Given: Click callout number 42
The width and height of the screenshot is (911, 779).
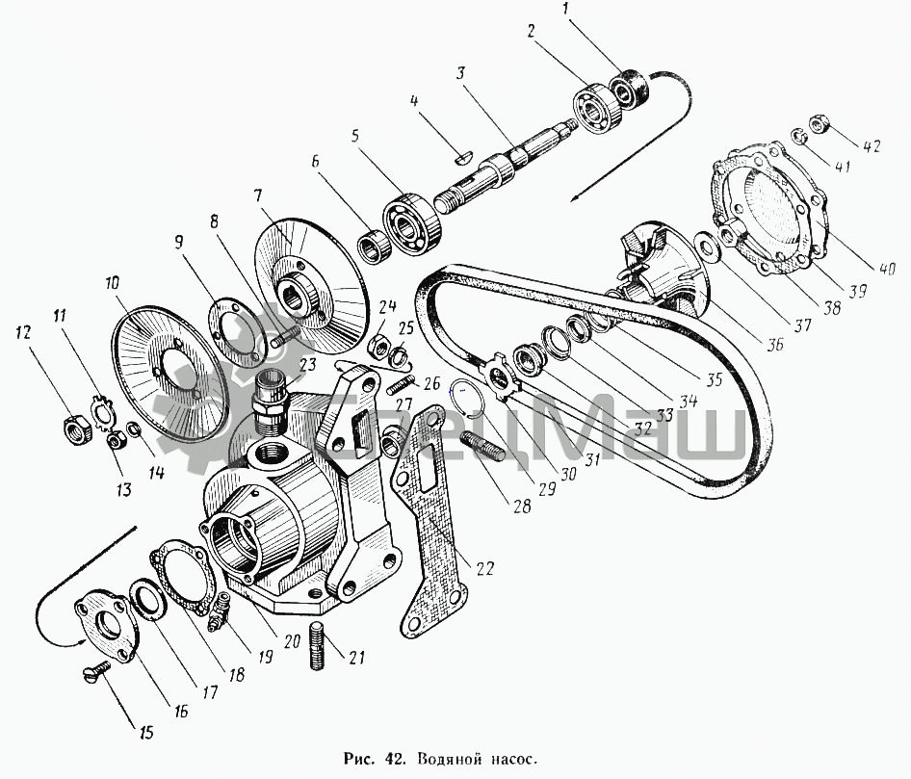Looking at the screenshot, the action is (x=871, y=145).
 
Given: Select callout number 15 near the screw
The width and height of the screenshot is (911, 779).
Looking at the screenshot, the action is (x=146, y=732).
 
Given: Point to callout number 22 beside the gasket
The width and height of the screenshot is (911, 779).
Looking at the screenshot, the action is (x=485, y=568).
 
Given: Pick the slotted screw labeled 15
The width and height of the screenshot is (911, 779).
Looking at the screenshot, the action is (x=97, y=672).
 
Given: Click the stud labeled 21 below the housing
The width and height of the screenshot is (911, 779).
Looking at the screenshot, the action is (x=317, y=646).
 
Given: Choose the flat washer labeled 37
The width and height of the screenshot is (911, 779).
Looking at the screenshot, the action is (x=707, y=245).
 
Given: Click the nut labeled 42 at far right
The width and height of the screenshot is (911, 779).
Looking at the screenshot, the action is (x=818, y=122).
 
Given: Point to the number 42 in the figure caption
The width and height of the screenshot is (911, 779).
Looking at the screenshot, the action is (x=392, y=758).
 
